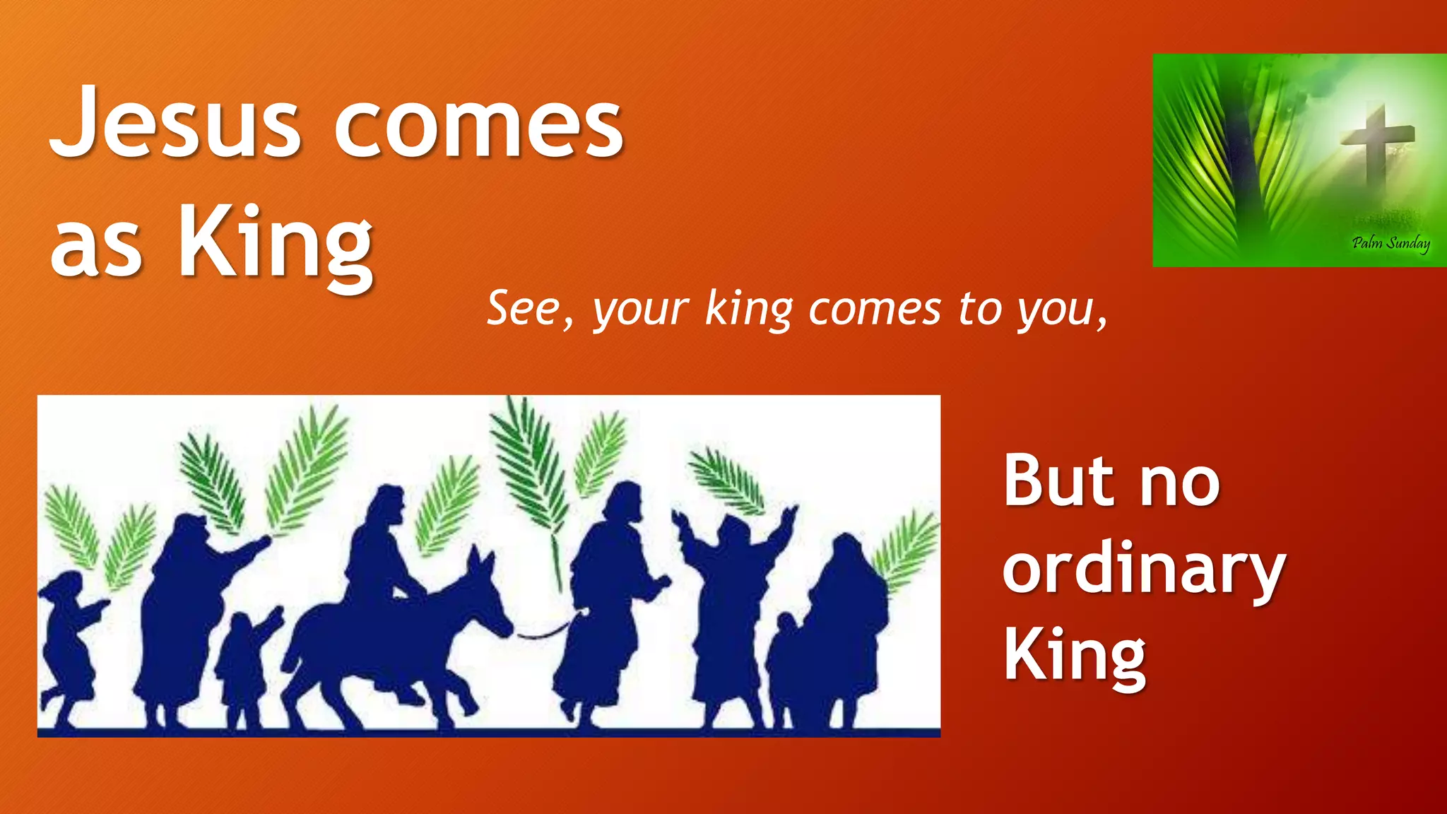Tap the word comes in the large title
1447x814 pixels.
pyautogui.click(x=478, y=126)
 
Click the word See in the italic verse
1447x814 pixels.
pyautogui.click(x=524, y=309)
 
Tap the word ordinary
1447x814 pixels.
pyautogui.click(x=1143, y=571)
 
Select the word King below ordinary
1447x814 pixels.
pyautogui.click(x=1074, y=657)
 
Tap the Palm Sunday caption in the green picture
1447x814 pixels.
pyautogui.click(x=1390, y=244)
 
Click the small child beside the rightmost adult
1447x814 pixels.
pyautogui.click(x=782, y=664)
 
